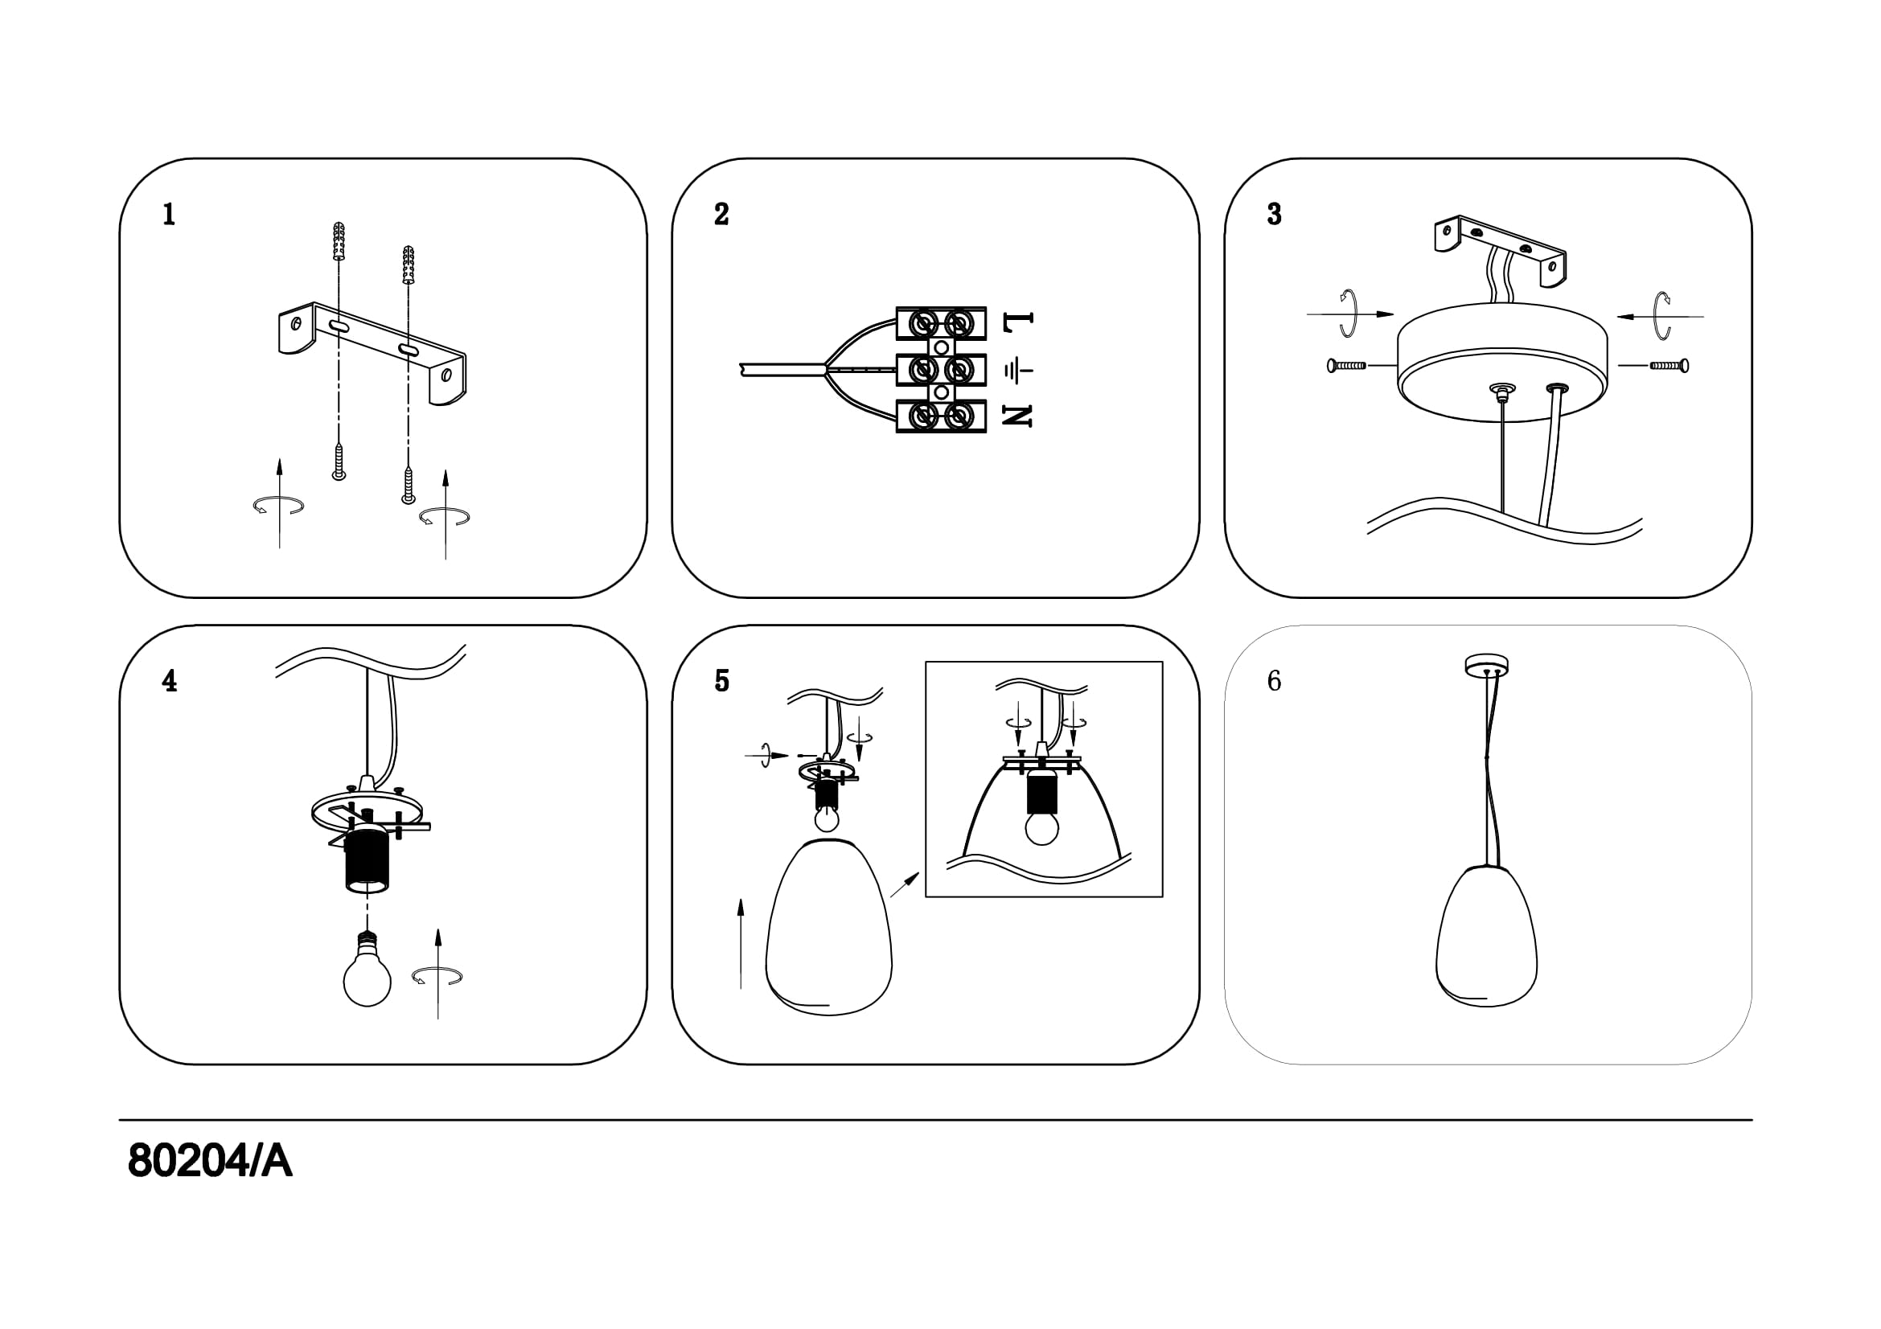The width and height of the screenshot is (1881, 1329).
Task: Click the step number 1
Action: click(169, 215)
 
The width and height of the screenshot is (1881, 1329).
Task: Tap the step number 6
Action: click(1274, 680)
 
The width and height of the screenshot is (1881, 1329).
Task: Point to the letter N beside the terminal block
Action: click(1017, 416)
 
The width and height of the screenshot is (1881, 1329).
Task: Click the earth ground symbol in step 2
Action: click(1017, 371)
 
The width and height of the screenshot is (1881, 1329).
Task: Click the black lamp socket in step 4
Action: click(366, 863)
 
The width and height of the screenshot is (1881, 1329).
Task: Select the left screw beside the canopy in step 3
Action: click(1346, 366)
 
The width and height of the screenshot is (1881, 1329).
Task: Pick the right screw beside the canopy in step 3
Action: click(1669, 365)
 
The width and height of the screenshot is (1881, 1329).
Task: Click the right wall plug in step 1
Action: click(409, 264)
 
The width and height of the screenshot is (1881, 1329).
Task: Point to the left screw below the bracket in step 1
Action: click(339, 461)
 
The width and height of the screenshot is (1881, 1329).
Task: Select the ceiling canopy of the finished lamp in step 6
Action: click(1487, 665)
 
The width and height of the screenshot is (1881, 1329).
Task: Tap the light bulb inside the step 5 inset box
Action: click(1042, 827)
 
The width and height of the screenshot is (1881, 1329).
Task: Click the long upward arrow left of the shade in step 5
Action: click(741, 942)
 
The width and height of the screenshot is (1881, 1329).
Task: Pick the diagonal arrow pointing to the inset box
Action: click(905, 884)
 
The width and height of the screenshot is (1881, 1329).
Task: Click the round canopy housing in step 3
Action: click(1501, 360)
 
